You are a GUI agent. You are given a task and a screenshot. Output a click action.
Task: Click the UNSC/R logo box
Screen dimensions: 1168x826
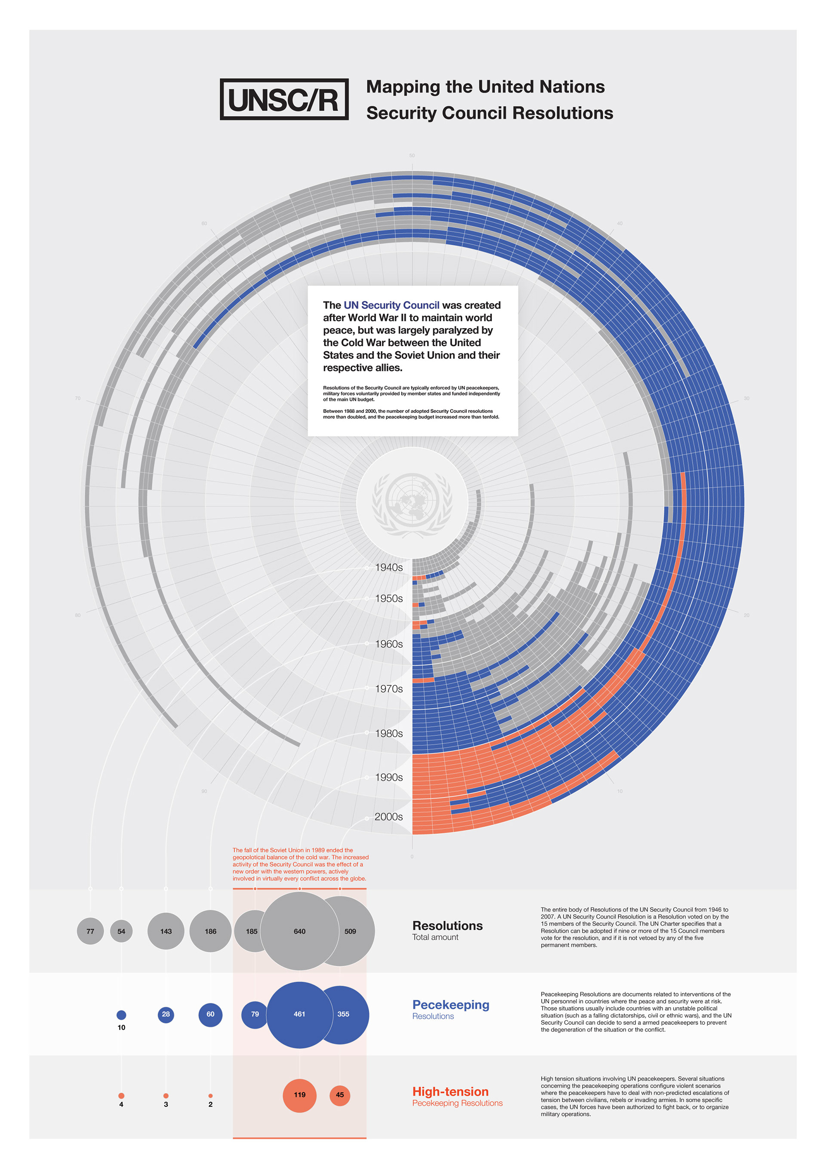coord(284,99)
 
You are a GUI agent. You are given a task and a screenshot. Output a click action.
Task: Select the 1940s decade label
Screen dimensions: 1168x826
coord(389,567)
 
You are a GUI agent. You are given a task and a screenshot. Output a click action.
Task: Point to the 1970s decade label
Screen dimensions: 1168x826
coord(389,689)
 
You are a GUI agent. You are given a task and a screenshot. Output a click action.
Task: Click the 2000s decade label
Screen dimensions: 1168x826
coord(388,817)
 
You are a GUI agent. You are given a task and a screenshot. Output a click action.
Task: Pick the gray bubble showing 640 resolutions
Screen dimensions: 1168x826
coord(299,931)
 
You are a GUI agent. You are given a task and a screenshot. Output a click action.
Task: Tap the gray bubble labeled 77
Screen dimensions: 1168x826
coord(90,931)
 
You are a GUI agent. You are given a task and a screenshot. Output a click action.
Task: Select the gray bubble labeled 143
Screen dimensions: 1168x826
coord(166,931)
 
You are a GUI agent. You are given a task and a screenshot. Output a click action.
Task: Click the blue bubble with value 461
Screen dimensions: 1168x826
coord(299,1014)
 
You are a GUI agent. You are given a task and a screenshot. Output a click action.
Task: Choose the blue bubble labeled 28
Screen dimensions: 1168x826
coord(166,1014)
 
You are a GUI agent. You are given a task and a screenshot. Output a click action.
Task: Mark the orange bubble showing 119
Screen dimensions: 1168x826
coord(299,1095)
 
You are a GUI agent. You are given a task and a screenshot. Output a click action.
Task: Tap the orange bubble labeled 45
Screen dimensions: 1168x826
coord(340,1095)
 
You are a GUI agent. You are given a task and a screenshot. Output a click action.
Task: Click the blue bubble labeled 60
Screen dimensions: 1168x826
coord(210,1014)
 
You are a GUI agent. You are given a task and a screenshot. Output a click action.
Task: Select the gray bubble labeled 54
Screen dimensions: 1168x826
coord(121,931)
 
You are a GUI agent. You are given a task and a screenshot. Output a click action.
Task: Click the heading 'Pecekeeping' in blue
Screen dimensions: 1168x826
coord(450,1005)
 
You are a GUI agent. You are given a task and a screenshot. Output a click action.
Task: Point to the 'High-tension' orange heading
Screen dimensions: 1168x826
coord(450,1091)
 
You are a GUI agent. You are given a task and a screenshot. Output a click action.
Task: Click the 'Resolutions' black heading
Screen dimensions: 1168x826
coord(447,925)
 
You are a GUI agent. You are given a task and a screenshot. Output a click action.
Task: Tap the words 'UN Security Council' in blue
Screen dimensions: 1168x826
coord(391,305)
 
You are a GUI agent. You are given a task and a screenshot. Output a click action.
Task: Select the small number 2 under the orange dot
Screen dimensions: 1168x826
coord(210,1104)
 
